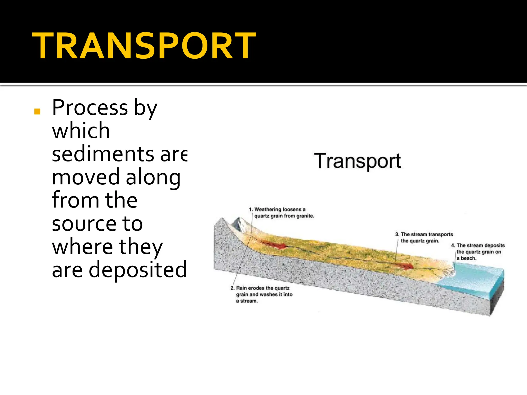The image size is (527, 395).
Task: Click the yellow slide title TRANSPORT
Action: pos(144,46)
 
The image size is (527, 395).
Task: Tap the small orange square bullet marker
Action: pos(37,111)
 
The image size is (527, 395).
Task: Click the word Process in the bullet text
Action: pos(90,108)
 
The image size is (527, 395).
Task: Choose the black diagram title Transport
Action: pos(357,161)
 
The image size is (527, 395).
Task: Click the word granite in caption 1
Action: pos(305,216)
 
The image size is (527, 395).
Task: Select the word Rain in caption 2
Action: pos(242,288)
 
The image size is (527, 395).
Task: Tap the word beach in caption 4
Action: pos(468,258)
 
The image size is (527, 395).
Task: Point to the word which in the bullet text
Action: pos(81,131)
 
